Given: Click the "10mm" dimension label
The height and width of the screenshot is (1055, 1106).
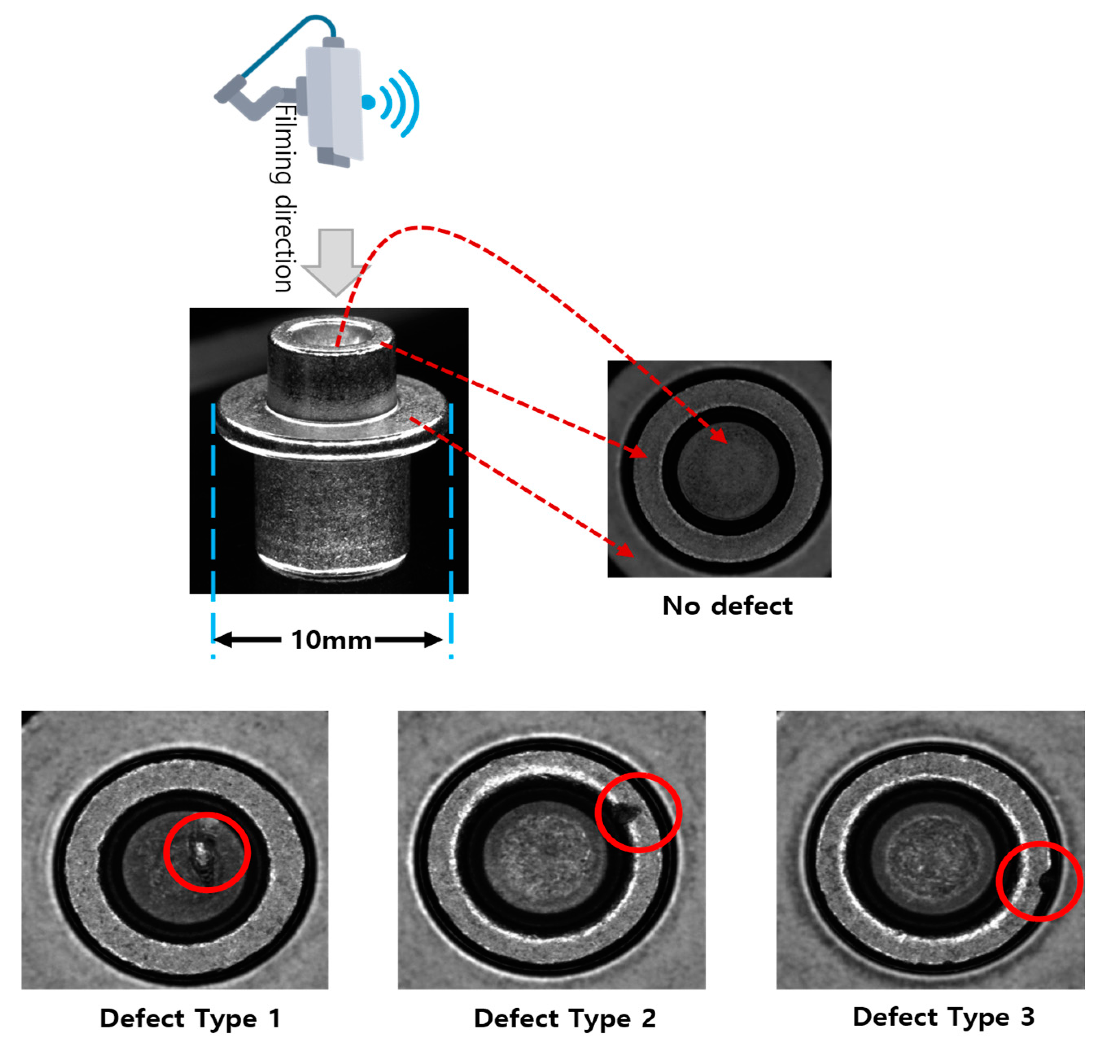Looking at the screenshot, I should (331, 640).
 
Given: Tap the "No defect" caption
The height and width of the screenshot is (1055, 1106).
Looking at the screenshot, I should (727, 606).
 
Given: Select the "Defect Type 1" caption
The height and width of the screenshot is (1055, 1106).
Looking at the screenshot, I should (190, 1018).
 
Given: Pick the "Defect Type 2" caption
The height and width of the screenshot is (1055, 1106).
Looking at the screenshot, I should (565, 1018).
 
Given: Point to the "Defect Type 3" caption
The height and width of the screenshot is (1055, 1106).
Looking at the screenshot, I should (943, 1017).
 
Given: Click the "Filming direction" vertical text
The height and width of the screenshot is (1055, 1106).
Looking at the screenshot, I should (283, 197).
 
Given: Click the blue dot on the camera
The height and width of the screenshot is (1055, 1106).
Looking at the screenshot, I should (368, 102).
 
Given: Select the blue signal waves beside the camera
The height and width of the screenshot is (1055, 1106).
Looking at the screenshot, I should (402, 103).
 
